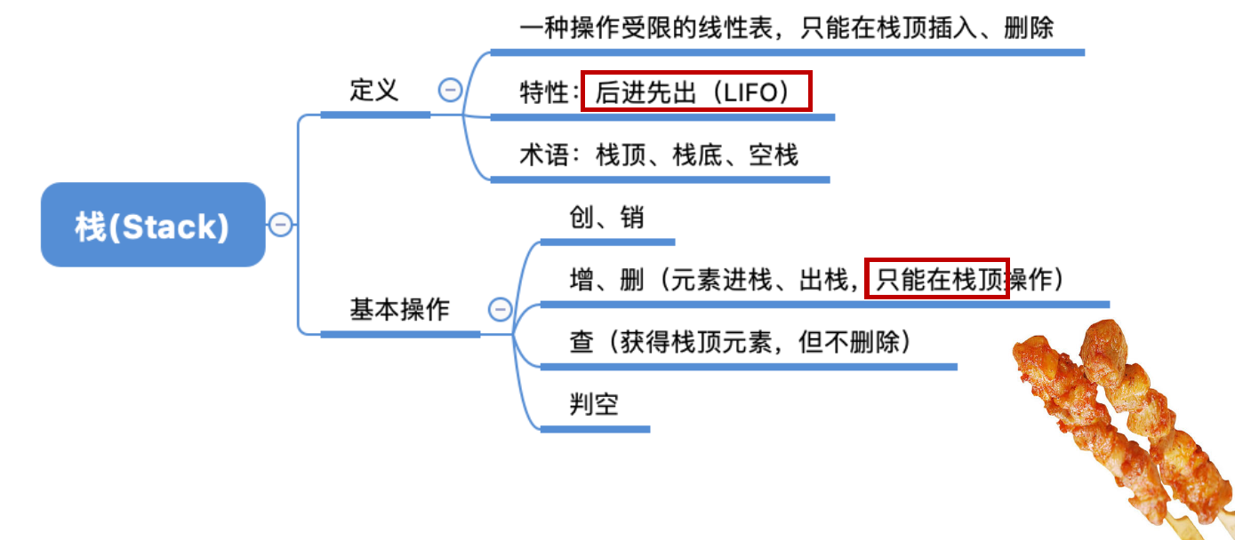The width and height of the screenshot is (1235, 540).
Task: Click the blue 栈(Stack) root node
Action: tap(153, 225)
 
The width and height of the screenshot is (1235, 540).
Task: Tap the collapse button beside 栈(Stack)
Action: tap(281, 225)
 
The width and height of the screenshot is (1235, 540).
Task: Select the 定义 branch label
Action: tap(374, 90)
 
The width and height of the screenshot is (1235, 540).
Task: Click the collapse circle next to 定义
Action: tap(451, 90)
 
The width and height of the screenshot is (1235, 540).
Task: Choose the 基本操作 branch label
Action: tap(399, 309)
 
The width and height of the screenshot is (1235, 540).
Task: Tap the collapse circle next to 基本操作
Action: tap(501, 309)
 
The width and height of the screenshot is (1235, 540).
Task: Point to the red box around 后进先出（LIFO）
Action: tap(696, 91)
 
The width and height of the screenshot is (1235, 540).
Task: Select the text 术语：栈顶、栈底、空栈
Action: tap(659, 155)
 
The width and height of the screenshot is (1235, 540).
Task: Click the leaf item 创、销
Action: tap(607, 218)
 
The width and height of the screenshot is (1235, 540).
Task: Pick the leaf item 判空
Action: tap(594, 405)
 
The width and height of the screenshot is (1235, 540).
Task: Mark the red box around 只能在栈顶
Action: tap(936, 280)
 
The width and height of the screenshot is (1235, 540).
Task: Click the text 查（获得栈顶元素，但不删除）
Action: tap(741, 342)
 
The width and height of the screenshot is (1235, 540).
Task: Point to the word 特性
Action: tap(543, 92)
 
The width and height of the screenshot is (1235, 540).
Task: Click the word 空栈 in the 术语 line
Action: tap(774, 155)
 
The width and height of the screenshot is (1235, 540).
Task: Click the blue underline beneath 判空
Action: tap(595, 430)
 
